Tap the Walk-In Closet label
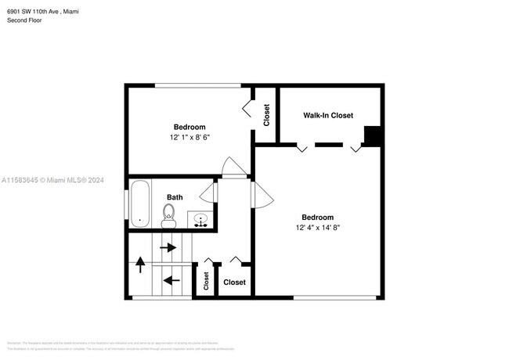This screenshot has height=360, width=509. [328, 116]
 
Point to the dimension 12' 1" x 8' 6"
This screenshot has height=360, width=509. [190, 137]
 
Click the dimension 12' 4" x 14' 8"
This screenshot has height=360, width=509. [318, 228]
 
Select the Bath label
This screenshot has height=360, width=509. [175, 197]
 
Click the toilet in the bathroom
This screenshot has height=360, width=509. [168, 213]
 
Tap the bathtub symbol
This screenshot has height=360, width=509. [140, 203]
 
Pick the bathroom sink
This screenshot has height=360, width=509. [200, 220]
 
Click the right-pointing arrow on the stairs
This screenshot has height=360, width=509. [168, 248]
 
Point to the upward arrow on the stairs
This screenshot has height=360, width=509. [141, 264]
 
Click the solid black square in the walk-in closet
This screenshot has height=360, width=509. [373, 136]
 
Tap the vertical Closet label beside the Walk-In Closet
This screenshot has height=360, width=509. [266, 116]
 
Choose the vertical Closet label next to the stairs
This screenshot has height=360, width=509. [206, 280]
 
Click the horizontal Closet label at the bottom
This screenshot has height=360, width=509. [234, 283]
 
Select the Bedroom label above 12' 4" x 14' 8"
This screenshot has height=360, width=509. [318, 218]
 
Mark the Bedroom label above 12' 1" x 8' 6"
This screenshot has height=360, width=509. [190, 127]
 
